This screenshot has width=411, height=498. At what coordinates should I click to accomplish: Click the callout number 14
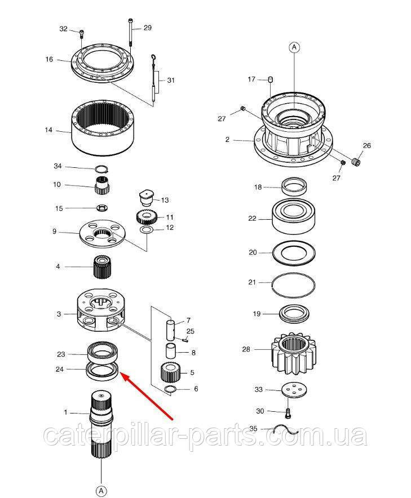pos(48,130)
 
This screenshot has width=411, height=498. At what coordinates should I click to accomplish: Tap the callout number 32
pos(63,29)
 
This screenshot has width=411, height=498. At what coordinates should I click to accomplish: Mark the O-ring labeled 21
pos(294,282)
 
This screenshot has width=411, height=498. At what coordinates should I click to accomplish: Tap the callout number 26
pos(367,145)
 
